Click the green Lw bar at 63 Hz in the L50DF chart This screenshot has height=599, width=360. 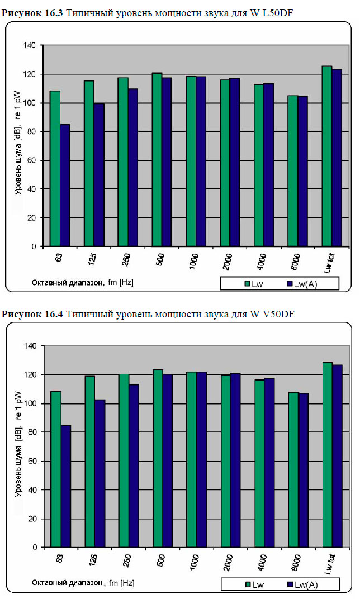click(55, 168)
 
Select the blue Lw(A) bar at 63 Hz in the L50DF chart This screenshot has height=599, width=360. click(65, 184)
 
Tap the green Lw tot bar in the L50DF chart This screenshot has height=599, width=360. click(326, 156)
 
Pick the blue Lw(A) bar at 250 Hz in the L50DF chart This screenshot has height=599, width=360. click(132, 168)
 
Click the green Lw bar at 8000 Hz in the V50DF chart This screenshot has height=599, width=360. click(293, 469)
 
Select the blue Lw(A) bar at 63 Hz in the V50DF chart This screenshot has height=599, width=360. click(66, 486)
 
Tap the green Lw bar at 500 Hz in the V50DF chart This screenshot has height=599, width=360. click(158, 458)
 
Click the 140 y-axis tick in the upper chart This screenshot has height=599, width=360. click(35, 45)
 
